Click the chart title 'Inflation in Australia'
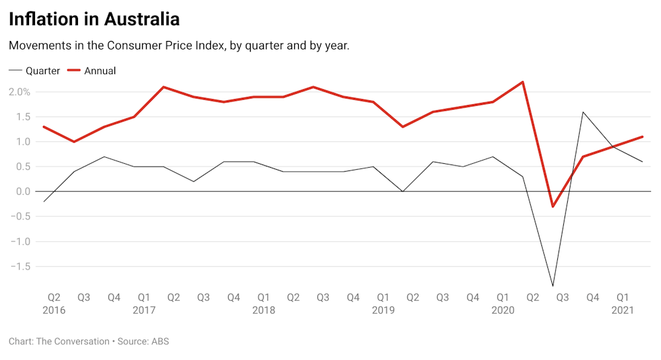(x=94, y=19)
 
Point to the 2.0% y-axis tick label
(x=19, y=92)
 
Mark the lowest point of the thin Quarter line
(x=553, y=286)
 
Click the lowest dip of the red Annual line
(x=553, y=207)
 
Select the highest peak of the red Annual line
(x=523, y=82)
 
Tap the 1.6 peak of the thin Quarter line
(x=583, y=112)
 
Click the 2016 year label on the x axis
(x=54, y=310)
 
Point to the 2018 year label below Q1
(x=264, y=310)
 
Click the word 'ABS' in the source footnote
(x=160, y=342)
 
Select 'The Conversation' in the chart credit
(x=72, y=342)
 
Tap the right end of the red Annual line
(x=642, y=137)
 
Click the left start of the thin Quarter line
(x=43, y=201)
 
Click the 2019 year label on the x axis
(x=383, y=310)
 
